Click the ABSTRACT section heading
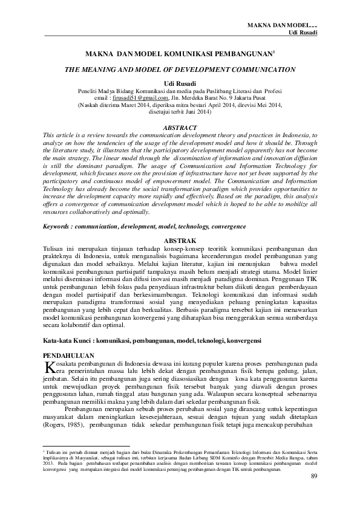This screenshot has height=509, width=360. click(x=181, y=128)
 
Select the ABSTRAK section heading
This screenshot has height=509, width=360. click(x=181, y=240)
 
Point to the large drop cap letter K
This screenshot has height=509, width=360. click(x=50, y=368)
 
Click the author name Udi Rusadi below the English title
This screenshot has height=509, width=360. click(x=180, y=82)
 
